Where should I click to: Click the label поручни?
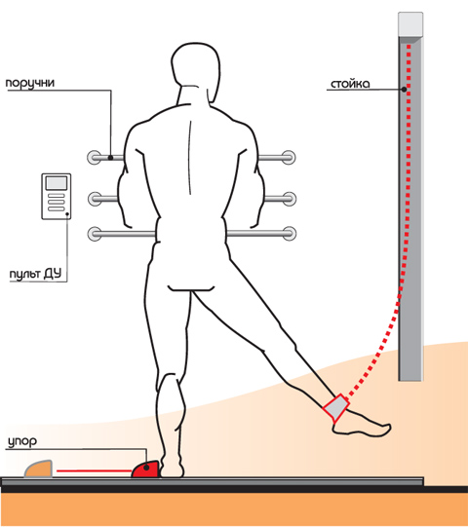tap(30, 84)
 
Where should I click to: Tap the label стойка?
tap(350, 84)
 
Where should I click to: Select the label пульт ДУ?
tap(35, 274)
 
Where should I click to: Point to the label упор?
tap(22, 441)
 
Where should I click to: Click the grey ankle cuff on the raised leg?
tap(335, 408)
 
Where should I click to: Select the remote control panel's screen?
tap(57, 183)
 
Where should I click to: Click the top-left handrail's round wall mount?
tap(95, 157)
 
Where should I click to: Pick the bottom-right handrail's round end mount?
tap(289, 234)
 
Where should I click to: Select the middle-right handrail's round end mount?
tap(289, 199)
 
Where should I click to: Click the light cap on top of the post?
tap(410, 24)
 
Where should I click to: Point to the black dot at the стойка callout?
tap(404, 90)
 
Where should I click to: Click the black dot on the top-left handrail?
tap(111, 157)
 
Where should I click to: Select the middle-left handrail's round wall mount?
tap(95, 199)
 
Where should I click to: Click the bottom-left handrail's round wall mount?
tap(95, 234)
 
